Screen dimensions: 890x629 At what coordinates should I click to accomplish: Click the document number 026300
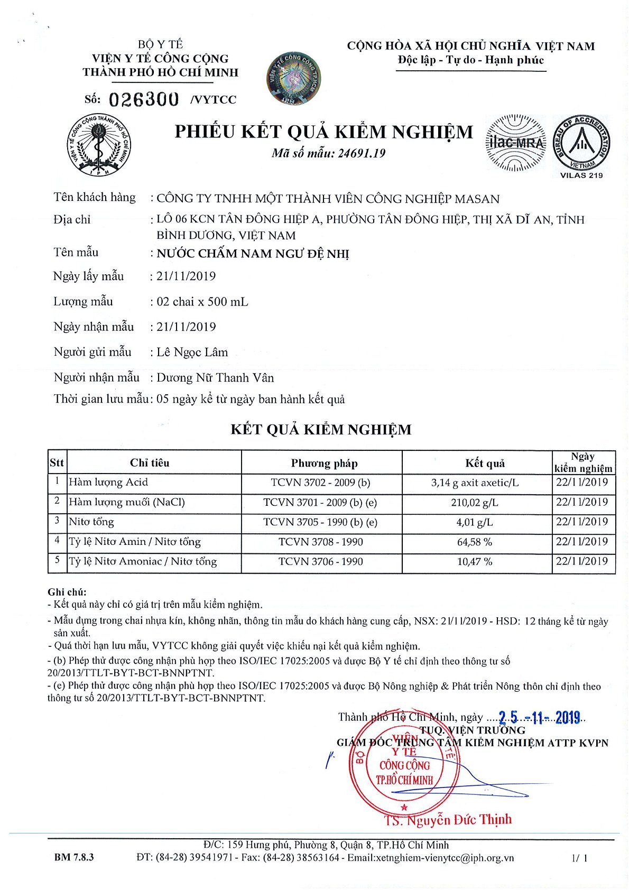coord(144,99)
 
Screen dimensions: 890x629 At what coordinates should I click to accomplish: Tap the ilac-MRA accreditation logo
coord(515,143)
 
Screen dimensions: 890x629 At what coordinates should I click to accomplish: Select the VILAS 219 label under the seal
coord(581,175)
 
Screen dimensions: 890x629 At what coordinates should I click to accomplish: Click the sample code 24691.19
coord(362,153)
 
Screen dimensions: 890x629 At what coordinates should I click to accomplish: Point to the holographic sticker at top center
coord(293,78)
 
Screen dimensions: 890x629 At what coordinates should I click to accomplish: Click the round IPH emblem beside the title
coord(99,145)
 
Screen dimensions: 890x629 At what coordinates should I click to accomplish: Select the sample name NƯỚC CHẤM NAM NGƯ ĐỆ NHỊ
coord(253,254)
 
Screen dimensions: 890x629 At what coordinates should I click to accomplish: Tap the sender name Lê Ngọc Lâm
coord(192,353)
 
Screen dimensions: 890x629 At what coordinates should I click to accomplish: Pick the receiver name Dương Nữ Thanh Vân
coord(215,378)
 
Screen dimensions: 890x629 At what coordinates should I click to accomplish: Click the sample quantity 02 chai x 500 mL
coord(202,302)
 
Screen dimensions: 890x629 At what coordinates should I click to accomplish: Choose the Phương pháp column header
coord(324,463)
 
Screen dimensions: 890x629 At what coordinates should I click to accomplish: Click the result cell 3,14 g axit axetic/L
coord(475,483)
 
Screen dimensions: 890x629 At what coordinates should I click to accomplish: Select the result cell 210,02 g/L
coord(475,503)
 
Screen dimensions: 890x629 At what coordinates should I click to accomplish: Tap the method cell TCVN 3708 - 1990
coord(321,542)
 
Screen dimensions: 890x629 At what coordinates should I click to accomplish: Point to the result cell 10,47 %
coord(475,562)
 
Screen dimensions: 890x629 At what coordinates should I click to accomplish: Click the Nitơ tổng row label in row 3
coord(91,522)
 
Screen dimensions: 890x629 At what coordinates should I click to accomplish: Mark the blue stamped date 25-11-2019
coord(539,718)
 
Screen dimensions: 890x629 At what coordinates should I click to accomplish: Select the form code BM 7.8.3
coord(74,857)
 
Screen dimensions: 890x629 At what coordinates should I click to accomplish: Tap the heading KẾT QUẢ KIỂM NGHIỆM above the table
coord(321,430)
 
